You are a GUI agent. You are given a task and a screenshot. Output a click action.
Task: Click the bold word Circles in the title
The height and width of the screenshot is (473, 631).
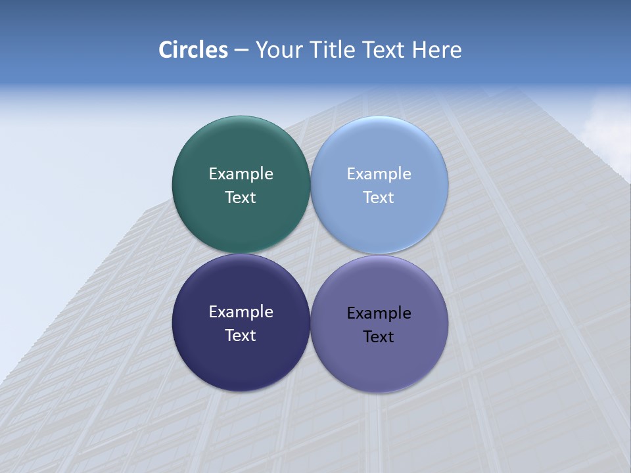[x=193, y=50]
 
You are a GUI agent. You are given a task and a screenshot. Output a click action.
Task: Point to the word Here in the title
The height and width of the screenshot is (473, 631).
[x=437, y=50]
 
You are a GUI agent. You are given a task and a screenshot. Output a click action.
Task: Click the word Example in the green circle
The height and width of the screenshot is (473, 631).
[x=241, y=173]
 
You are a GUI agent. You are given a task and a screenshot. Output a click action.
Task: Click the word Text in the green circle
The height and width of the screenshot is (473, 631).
[x=241, y=197]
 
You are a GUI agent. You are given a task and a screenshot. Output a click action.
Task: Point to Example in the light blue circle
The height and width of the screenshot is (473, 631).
[x=379, y=173]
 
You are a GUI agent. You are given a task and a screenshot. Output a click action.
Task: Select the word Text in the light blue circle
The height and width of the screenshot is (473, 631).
[x=379, y=197]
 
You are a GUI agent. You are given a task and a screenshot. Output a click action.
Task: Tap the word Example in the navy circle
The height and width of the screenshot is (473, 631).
[x=241, y=311]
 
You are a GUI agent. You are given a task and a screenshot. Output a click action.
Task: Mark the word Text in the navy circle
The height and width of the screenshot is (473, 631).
[x=241, y=335]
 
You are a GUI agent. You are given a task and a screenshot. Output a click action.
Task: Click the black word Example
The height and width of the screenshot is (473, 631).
[x=379, y=313]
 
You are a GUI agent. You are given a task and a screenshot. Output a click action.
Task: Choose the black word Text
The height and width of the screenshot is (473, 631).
[x=379, y=336]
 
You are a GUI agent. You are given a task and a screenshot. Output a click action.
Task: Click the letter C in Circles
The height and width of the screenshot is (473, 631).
[x=166, y=50]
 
